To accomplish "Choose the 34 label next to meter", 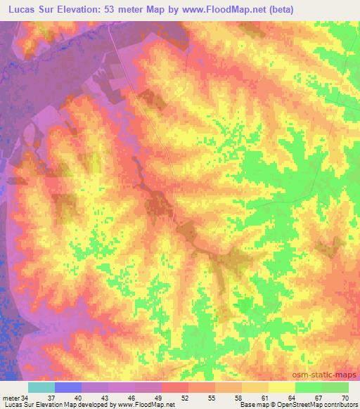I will [x=25, y=398].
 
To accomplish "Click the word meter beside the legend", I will [x=11, y=398].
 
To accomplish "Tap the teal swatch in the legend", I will [x=41, y=387].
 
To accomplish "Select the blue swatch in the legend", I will [x=68, y=387].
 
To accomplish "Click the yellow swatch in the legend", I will [x=282, y=387].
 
